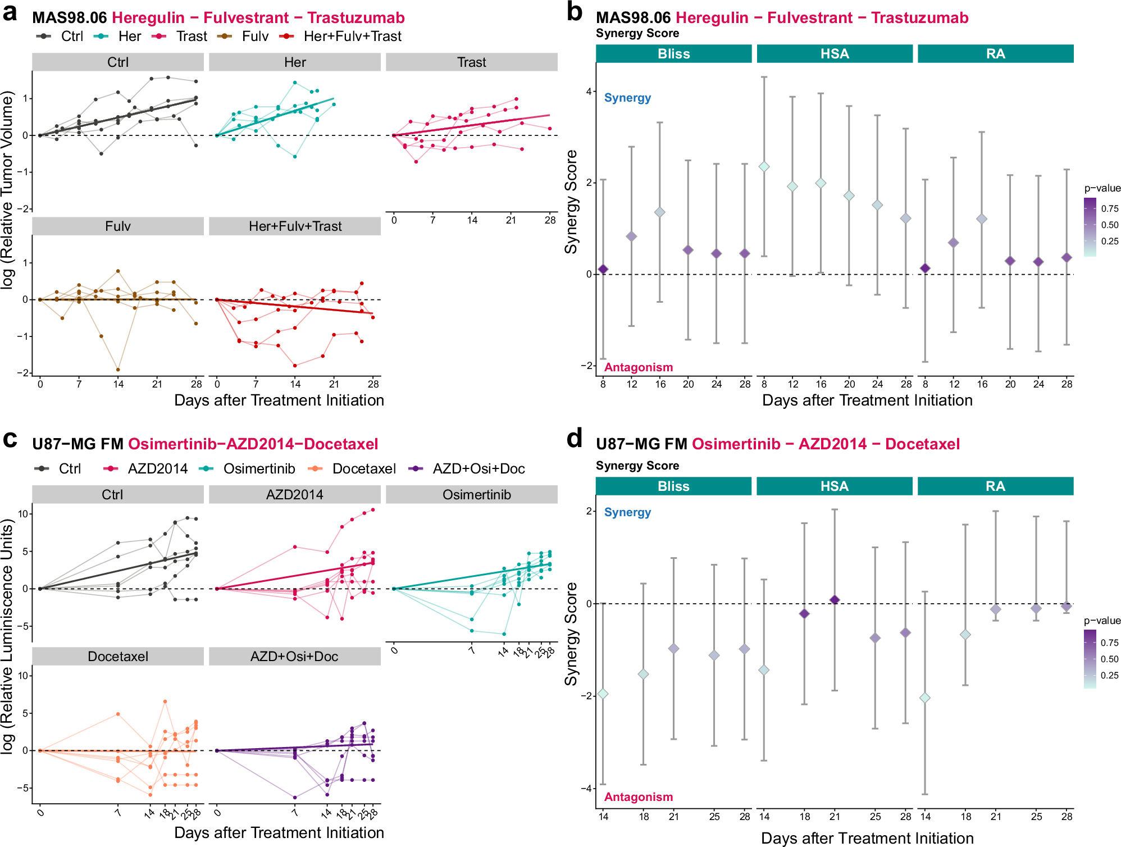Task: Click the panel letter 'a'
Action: click(x=10, y=12)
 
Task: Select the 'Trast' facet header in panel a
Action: click(x=471, y=62)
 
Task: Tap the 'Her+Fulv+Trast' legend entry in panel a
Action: click(x=352, y=37)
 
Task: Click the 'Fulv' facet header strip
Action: click(x=118, y=226)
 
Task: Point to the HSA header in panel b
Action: click(x=835, y=54)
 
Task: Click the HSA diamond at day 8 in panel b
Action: click(x=764, y=167)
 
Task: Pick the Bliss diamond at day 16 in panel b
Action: click(x=660, y=212)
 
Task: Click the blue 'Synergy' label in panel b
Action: click(x=627, y=98)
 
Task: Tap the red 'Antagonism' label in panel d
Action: click(x=639, y=796)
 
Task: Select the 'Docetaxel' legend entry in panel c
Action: click(x=363, y=469)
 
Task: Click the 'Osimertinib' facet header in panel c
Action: click(x=477, y=495)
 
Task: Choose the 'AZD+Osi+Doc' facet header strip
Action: click(x=294, y=657)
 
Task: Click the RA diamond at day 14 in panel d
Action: click(x=925, y=698)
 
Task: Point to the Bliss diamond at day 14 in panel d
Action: click(x=603, y=694)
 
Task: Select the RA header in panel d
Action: click(x=995, y=486)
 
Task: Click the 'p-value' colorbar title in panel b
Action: click(x=1102, y=188)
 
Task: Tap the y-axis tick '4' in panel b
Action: click(x=589, y=92)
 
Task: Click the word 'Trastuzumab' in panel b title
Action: click(x=920, y=18)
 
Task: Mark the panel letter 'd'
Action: click(x=575, y=439)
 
